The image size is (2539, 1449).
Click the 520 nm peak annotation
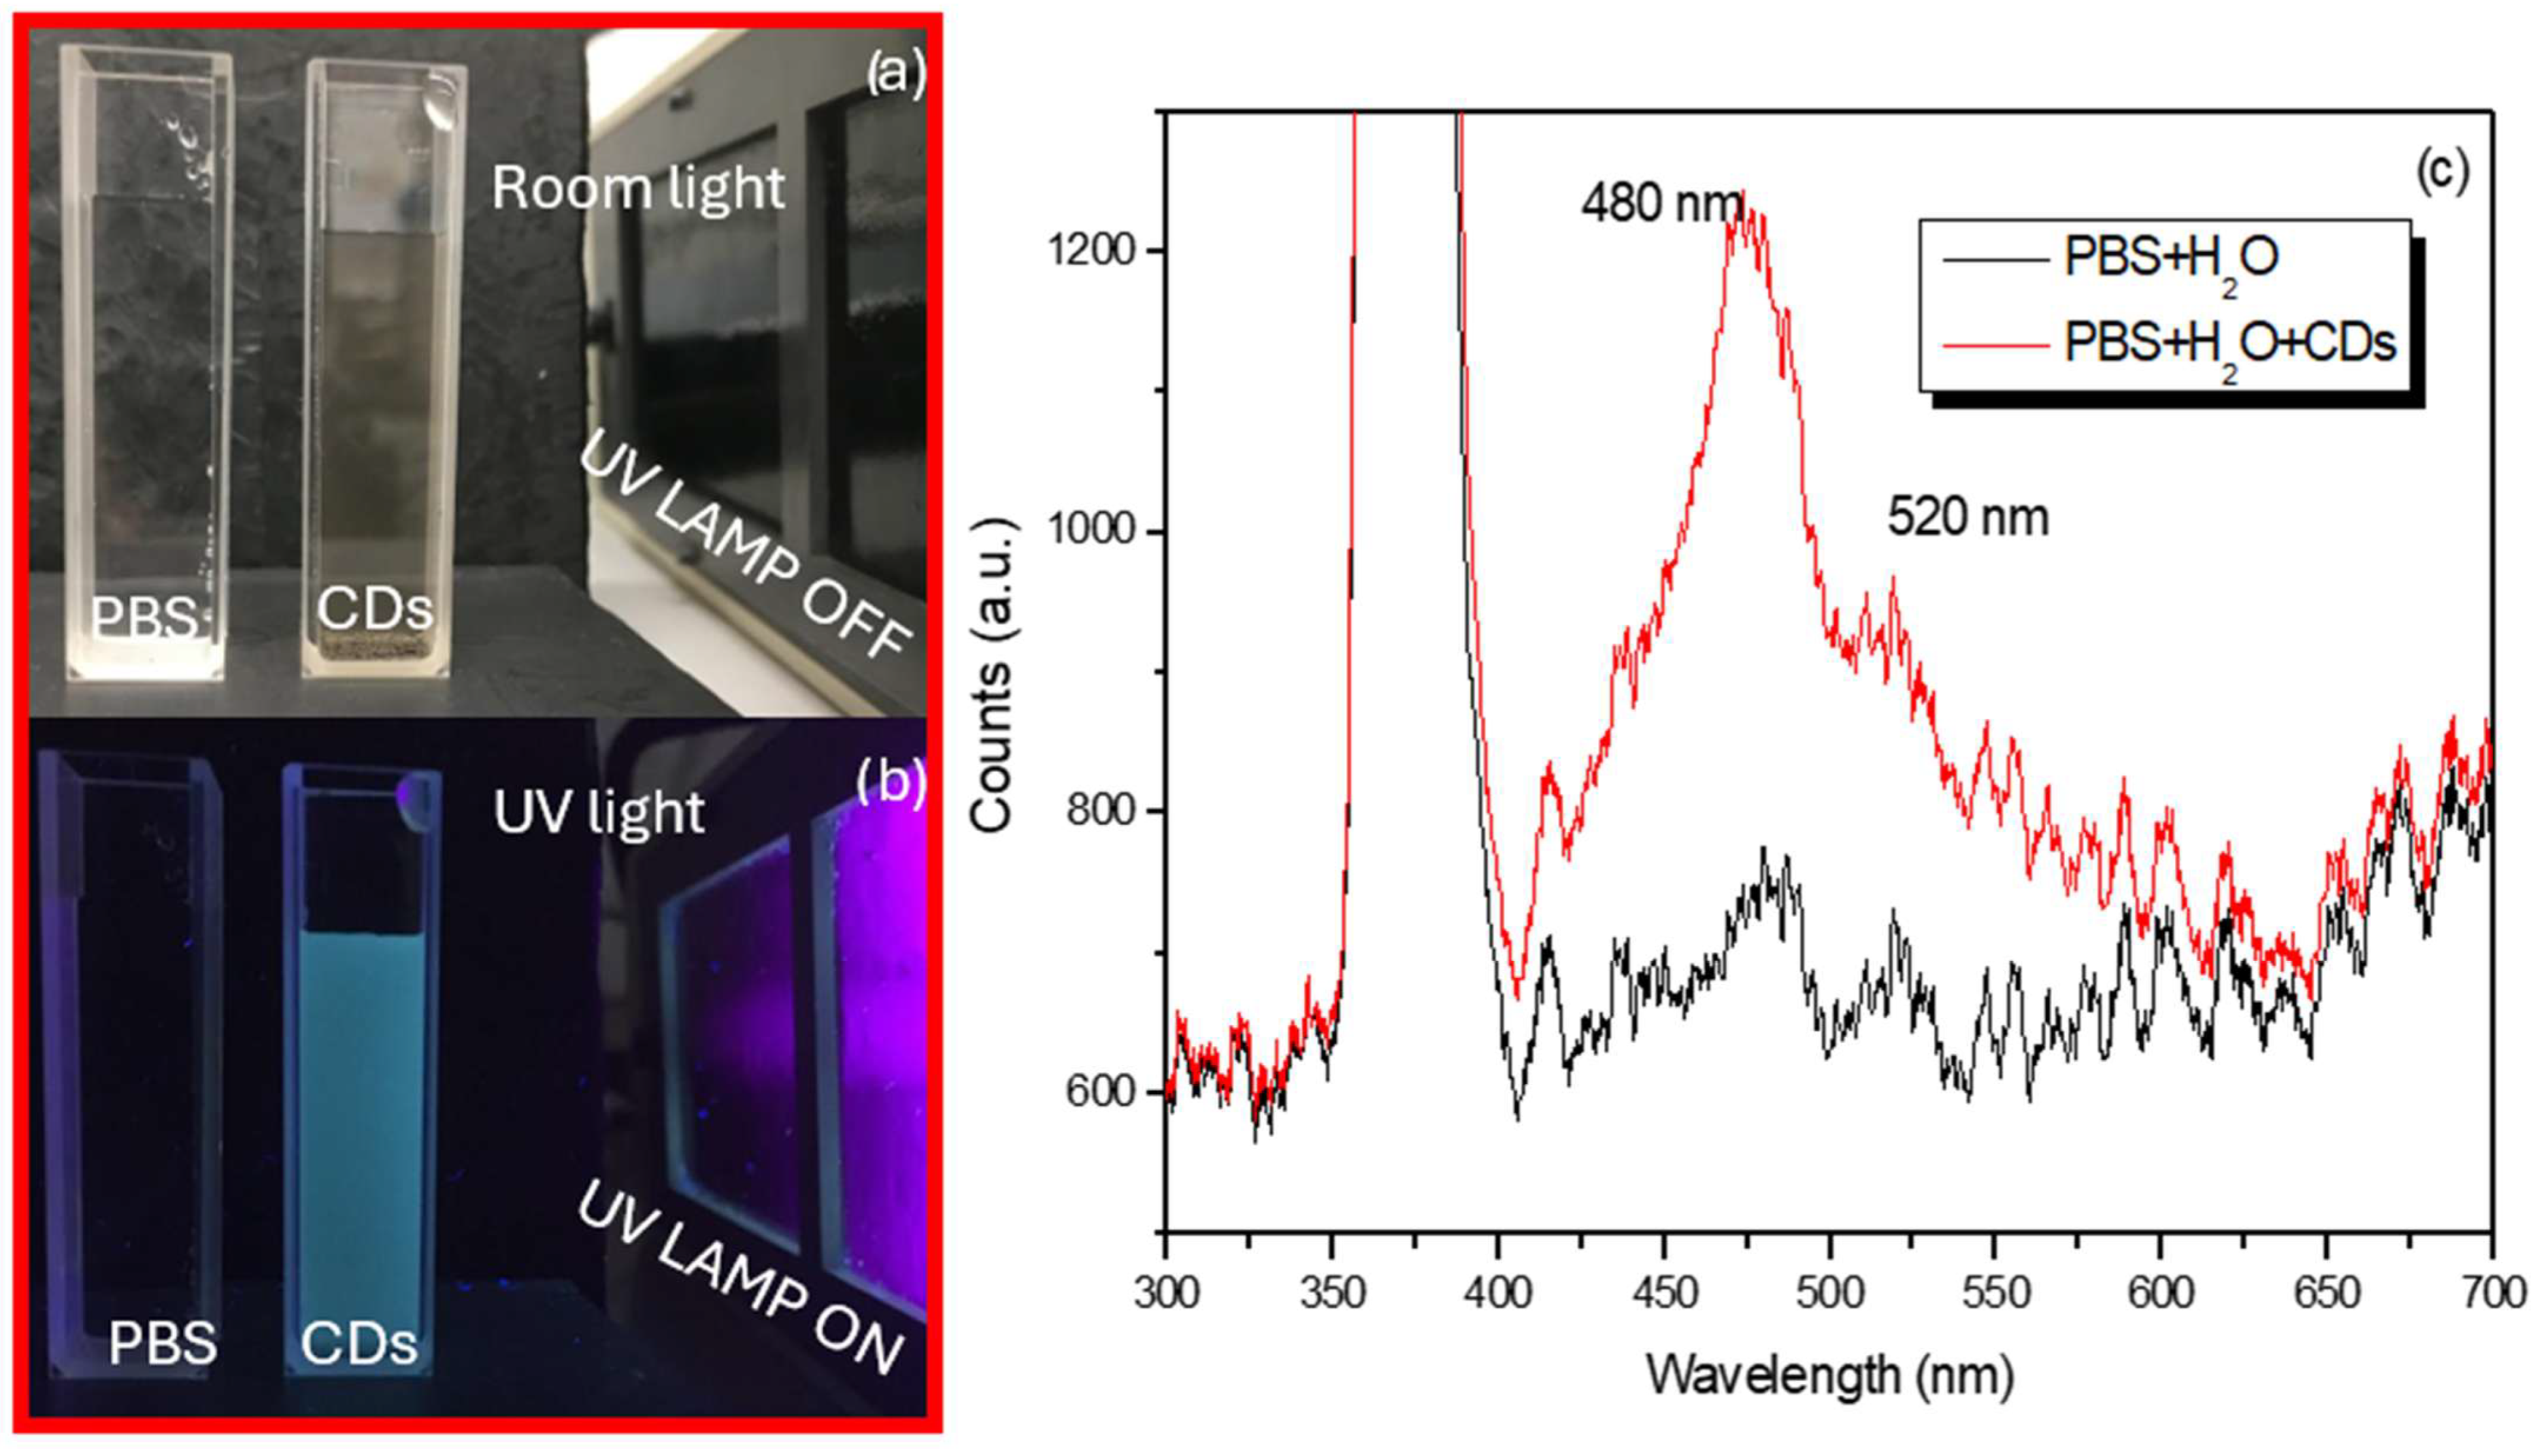(1968, 519)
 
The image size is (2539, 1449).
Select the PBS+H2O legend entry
(2170, 259)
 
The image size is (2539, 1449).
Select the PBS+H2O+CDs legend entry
(2229, 344)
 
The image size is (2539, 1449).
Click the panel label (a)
(895, 72)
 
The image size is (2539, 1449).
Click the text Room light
(638, 188)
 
